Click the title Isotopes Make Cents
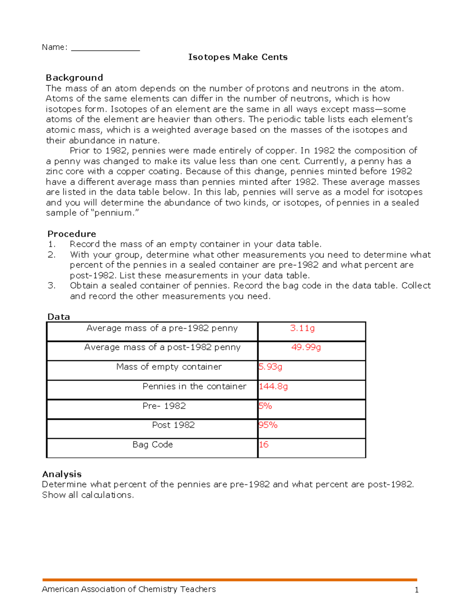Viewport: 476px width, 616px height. tap(238, 57)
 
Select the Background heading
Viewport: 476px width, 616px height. tap(74, 77)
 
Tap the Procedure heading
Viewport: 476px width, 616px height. tap(71, 234)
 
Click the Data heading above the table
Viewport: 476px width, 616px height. tap(59, 317)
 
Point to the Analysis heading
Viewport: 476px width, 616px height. tap(62, 474)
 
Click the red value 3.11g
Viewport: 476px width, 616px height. tap(302, 328)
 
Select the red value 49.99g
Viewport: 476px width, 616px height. tap(306, 347)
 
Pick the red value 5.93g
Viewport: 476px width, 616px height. tap(271, 367)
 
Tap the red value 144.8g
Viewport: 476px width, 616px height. tap(273, 386)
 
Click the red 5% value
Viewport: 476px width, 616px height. tap(265, 406)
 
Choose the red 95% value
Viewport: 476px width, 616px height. tap(268, 425)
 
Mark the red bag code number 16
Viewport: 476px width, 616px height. tap(263, 444)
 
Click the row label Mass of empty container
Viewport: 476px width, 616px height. tap(169, 367)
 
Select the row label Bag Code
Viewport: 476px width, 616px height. tap(152, 444)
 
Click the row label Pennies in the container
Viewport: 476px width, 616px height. tap(194, 386)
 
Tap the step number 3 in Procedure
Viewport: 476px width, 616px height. tap(51, 286)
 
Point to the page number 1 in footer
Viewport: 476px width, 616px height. tap(416, 590)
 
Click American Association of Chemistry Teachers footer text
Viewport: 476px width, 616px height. tap(129, 589)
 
